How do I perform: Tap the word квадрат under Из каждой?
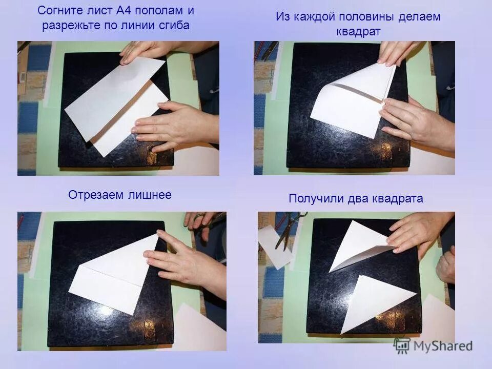click(x=358, y=31)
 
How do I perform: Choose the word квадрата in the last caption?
click(x=397, y=199)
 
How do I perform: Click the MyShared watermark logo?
click(x=434, y=346)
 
